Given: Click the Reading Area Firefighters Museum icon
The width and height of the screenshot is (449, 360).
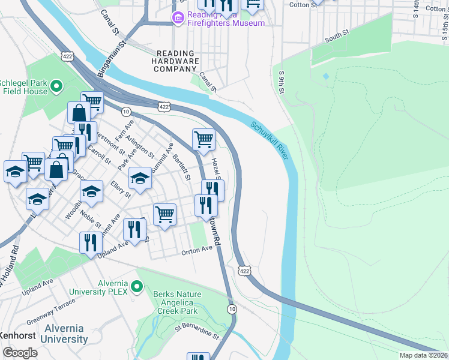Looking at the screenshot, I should click(178, 18).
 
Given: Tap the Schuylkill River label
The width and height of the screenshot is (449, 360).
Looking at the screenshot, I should click(269, 139).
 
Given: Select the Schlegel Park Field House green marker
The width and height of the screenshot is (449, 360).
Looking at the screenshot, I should click(56, 87).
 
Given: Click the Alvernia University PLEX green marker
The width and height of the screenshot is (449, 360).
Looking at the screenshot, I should click(136, 287).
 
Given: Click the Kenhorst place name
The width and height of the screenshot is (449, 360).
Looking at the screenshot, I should click(14, 334).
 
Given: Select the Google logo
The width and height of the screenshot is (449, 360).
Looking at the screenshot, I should click(20, 353).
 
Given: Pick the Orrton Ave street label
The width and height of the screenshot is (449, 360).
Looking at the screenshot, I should click(197, 250).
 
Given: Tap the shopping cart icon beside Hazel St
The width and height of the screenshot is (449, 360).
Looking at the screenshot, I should click(203, 139).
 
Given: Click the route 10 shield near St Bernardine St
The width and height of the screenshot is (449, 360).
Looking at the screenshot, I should click(232, 308).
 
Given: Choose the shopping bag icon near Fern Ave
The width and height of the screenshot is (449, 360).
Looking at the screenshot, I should click(79, 112).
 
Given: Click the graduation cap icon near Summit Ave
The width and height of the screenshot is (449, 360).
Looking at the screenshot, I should click(140, 178).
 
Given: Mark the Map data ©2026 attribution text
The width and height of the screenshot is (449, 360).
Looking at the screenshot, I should click(423, 355).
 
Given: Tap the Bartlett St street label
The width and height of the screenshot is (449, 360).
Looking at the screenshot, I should click(181, 167).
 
